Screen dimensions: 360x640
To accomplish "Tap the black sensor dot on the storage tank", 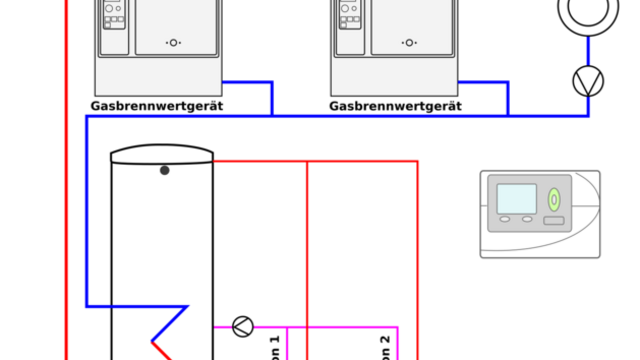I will click(165, 170).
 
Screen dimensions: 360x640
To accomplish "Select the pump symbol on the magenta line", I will click(242, 325).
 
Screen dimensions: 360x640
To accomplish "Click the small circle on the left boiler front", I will click(174, 43).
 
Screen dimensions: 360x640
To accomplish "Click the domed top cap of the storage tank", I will click(162, 153).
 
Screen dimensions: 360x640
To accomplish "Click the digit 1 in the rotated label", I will click(275, 342).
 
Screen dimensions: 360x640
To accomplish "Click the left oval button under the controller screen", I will click(505, 219).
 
